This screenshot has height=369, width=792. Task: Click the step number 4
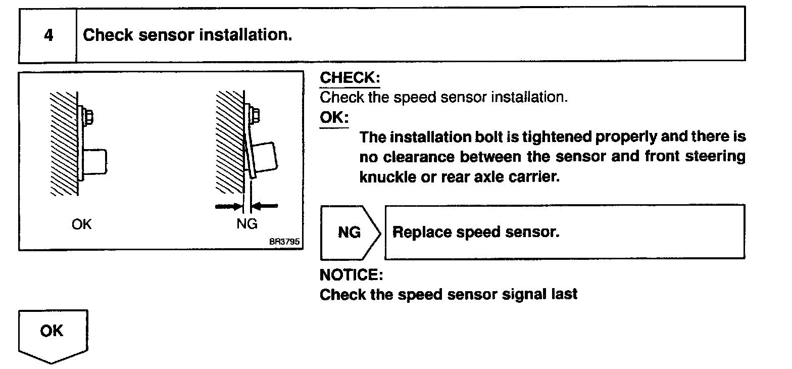pyautogui.click(x=48, y=36)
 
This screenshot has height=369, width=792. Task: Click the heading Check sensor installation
pyautogui.click(x=187, y=35)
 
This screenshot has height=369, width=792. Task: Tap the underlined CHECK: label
pyautogui.click(x=350, y=78)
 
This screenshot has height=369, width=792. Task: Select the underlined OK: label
pyautogui.click(x=334, y=117)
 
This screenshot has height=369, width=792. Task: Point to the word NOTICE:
pyautogui.click(x=351, y=275)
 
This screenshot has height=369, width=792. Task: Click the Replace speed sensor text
pyautogui.click(x=476, y=232)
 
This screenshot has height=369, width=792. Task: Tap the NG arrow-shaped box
pyautogui.click(x=350, y=233)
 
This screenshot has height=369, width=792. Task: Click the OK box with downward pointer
pyautogui.click(x=52, y=334)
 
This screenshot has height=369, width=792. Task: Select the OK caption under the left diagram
pyautogui.click(x=82, y=224)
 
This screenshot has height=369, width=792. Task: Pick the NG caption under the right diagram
pyautogui.click(x=246, y=224)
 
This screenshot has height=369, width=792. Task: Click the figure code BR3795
pyautogui.click(x=284, y=242)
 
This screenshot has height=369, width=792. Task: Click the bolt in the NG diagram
pyautogui.click(x=255, y=115)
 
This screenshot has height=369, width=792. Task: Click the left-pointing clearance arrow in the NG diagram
pyautogui.click(x=266, y=205)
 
